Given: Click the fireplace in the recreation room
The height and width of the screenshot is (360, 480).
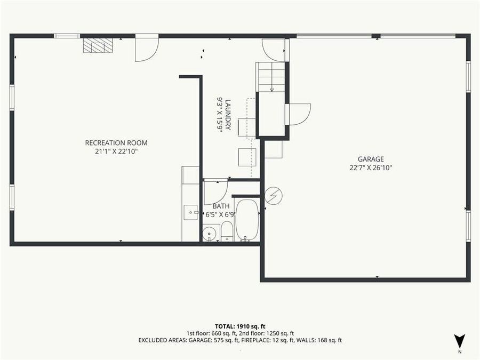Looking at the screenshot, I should coord(98,46).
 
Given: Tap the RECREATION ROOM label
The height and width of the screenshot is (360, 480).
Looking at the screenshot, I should coord(116,143).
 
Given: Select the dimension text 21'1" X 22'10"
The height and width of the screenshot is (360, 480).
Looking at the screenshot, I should coord(116,151).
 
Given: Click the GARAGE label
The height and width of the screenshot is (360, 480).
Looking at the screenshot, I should coord(371,159).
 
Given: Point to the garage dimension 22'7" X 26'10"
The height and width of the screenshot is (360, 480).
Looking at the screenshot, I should coord(371,167).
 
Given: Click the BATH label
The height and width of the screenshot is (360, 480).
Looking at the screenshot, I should coord(221,206).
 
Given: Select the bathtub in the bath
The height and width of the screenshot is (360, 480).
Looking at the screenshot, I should coord(247,220).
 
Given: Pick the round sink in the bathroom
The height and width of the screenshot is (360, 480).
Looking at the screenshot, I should coord(210,233).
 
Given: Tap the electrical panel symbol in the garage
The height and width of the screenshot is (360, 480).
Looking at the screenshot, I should coord(274,196).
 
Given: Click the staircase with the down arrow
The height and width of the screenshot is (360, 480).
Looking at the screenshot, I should coord(271,77).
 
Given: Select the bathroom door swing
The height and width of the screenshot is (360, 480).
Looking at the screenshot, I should coord(215,191).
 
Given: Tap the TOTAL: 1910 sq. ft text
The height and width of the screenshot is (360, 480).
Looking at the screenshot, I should coord(240,326).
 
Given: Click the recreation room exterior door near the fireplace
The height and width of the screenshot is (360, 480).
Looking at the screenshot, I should coord(146,47).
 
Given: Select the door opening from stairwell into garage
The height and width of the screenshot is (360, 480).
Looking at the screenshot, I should coord(299,114).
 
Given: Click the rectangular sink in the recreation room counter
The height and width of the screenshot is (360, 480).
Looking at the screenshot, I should coord(190,212).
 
